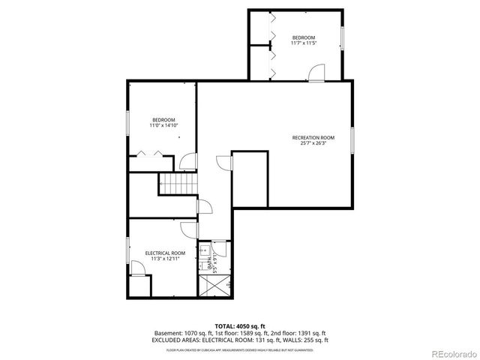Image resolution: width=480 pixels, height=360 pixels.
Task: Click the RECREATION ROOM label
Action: pyautogui.click(x=313, y=137)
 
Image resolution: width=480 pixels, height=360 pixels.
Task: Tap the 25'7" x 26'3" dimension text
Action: pyautogui.click(x=313, y=143)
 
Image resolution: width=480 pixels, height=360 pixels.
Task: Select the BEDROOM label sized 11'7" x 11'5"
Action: pyautogui.click(x=304, y=37)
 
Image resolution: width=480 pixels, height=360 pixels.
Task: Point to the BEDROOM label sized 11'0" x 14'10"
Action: pyautogui.click(x=163, y=120)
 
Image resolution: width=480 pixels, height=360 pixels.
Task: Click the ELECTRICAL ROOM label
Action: pyautogui.click(x=165, y=253)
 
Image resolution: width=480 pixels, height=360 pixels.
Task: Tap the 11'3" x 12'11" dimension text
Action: pyautogui.click(x=165, y=259)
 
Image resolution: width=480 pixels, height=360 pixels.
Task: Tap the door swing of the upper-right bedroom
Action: pyautogui.click(x=317, y=72)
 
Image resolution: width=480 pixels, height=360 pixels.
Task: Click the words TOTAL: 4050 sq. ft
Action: pyautogui.click(x=240, y=325)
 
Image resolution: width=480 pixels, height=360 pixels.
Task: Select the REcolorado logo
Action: pyautogui.click(x=451, y=352)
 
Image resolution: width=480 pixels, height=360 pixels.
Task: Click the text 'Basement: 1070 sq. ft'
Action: pyautogui.click(x=180, y=332)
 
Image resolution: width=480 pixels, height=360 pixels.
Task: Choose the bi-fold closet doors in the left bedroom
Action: pyautogui.click(x=147, y=154)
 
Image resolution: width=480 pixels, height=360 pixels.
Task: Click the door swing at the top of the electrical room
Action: pyautogui.click(x=187, y=228)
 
